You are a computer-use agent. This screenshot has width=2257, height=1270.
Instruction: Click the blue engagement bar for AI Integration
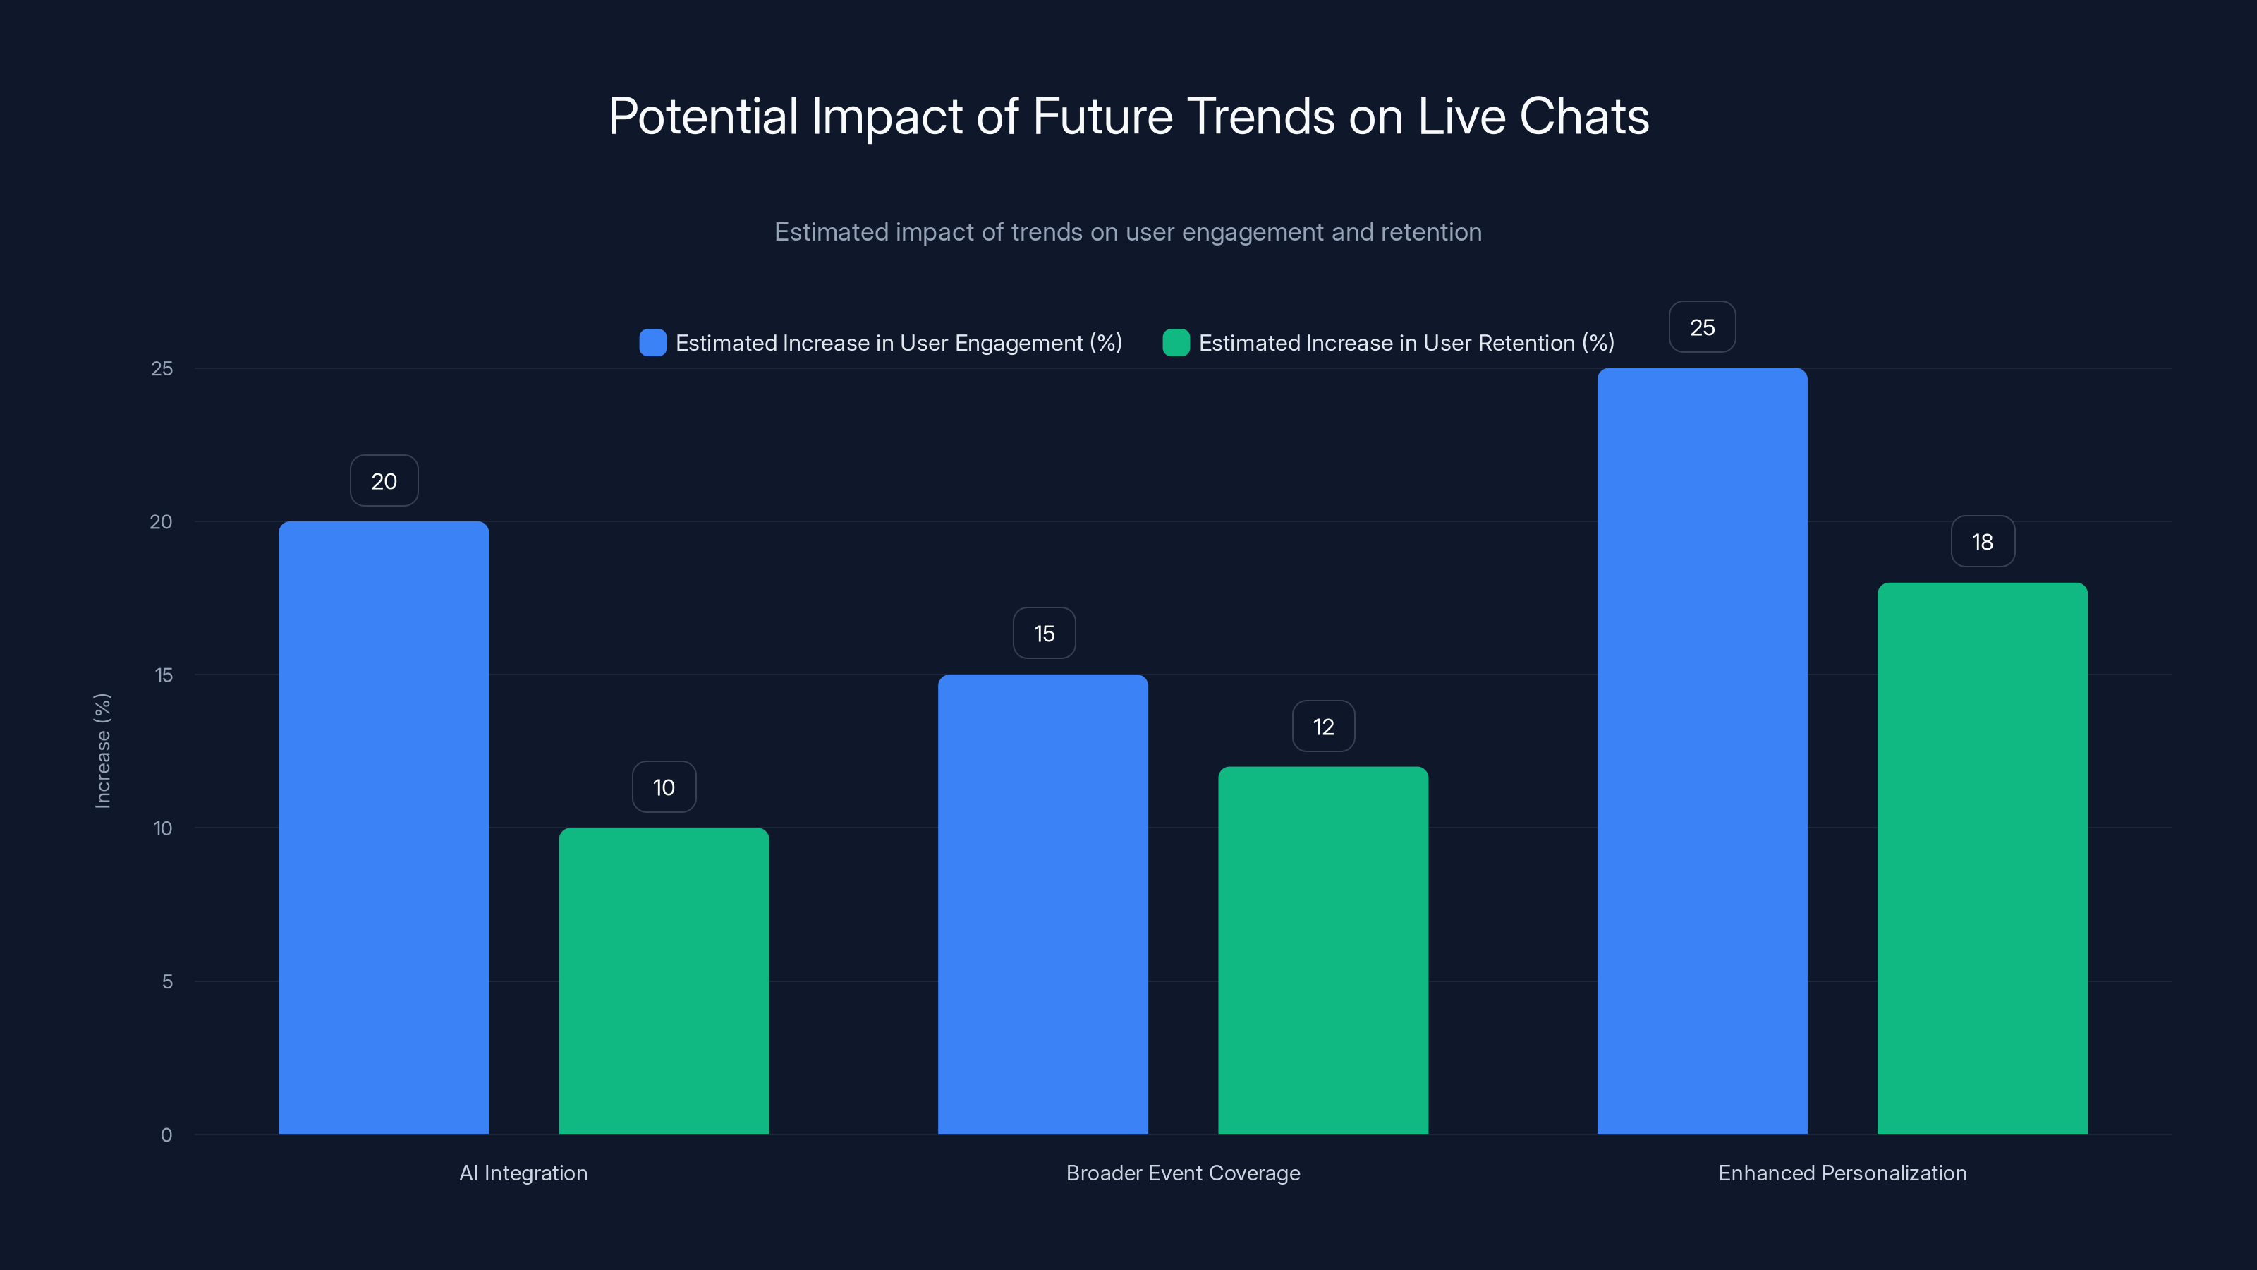384,828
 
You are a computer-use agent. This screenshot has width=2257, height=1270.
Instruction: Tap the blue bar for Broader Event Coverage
1042,904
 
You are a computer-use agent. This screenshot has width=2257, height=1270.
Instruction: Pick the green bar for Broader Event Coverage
1323,950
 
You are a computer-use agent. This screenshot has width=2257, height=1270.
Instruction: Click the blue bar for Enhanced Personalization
1701,751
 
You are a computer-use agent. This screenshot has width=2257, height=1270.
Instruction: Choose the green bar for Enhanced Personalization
1982,858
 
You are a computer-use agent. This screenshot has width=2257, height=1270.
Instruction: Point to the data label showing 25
1701,327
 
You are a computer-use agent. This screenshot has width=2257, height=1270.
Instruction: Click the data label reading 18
1982,542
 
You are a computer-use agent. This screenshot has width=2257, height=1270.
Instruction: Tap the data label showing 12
1323,727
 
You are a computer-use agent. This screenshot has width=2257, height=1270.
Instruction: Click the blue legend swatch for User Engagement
652,343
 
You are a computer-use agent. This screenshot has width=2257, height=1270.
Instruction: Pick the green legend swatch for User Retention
1176,343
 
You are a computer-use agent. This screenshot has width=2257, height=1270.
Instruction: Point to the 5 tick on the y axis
166,981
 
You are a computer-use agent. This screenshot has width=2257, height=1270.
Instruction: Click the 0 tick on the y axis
166,1135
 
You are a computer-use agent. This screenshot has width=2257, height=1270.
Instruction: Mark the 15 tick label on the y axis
164,675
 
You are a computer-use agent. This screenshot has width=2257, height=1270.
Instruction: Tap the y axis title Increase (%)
102,750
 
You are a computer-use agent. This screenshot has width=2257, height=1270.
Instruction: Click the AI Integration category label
523,1173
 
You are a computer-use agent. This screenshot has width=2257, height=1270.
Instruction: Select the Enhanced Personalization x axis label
1842,1173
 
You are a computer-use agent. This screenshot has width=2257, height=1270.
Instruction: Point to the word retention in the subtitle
1431,232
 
